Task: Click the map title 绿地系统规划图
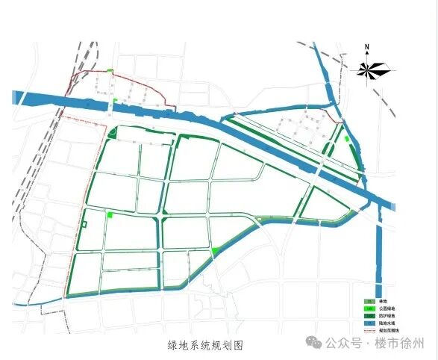click(x=206, y=345)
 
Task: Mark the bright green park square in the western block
click(x=110, y=215)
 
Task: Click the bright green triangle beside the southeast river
click(x=215, y=251)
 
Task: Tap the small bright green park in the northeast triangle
click(x=348, y=138)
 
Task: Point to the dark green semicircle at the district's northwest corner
click(x=112, y=134)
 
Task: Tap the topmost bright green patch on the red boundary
click(x=110, y=71)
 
